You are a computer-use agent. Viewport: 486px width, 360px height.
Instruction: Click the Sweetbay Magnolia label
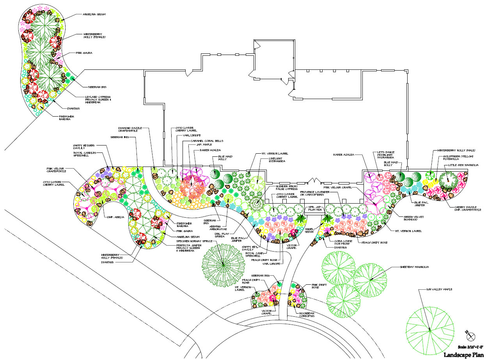[414, 267]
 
